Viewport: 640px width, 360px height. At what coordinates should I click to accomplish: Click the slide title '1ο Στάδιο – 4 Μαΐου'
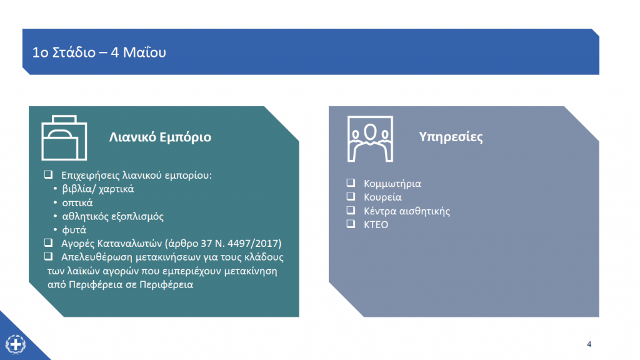[99, 52]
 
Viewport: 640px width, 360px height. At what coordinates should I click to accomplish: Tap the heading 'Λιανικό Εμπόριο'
[160, 137]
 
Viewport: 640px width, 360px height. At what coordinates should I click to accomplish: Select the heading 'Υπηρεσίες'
[451, 137]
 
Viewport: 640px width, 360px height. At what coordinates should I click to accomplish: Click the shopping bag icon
[64, 137]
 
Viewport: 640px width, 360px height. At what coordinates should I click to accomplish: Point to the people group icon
[370, 139]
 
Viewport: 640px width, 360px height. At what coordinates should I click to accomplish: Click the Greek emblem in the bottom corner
[16, 344]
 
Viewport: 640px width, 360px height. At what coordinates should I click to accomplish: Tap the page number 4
[589, 344]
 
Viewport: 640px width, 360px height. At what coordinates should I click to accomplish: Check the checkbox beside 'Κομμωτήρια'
[351, 183]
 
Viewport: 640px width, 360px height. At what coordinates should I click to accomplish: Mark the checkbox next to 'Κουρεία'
[351, 196]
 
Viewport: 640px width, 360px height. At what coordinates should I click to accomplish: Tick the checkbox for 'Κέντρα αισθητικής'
[351, 210]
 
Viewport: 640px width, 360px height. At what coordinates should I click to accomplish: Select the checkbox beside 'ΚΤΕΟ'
[351, 224]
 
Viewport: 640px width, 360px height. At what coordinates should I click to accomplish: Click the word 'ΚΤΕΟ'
[376, 224]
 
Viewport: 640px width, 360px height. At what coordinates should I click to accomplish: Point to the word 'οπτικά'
[77, 203]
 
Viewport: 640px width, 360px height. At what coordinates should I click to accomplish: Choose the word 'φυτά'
[74, 230]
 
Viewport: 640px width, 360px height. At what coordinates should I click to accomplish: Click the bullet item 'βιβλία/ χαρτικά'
[98, 189]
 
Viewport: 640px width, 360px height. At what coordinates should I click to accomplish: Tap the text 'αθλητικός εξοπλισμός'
[112, 216]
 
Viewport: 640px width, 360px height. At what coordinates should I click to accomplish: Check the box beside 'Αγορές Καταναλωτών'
[48, 243]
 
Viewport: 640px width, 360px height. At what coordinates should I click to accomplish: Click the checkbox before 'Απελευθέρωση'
[48, 256]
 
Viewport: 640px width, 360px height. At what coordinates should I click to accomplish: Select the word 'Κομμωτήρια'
[392, 184]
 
